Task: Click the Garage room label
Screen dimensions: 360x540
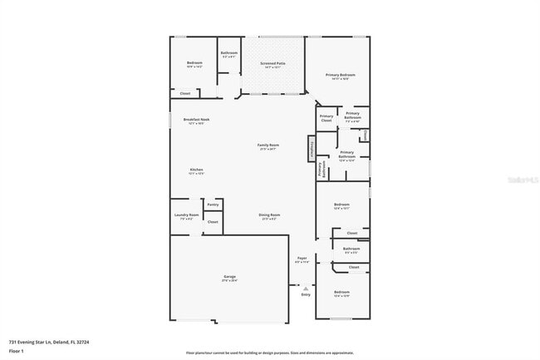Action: click(229, 277)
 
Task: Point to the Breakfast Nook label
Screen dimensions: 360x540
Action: click(196, 121)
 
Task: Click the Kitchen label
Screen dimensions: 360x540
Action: click(196, 170)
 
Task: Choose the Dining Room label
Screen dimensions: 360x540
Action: click(269, 215)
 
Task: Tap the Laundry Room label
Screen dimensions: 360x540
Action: click(186, 215)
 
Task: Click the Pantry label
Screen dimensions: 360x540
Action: click(213, 204)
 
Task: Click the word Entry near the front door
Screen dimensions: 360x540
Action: click(306, 294)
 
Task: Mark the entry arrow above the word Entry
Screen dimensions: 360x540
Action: click(306, 288)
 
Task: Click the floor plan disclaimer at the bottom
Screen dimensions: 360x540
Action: click(270, 352)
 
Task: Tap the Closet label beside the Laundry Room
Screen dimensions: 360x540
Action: click(213, 222)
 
